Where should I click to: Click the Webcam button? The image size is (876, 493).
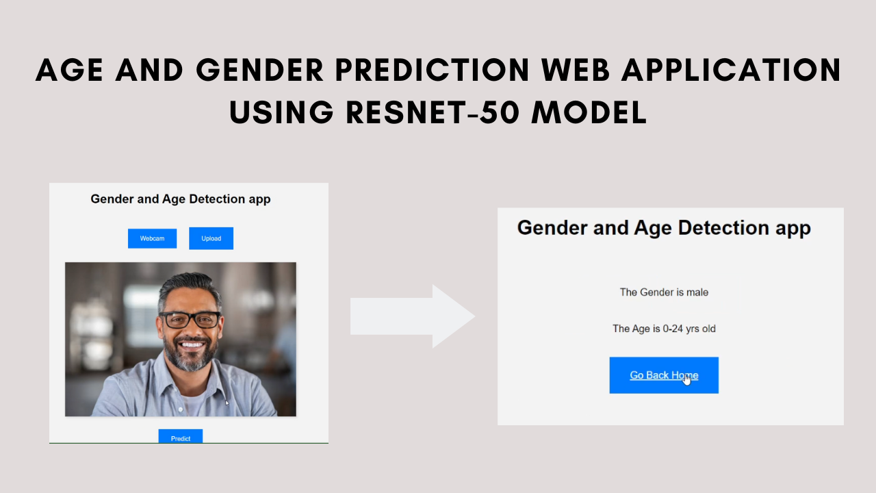click(x=152, y=238)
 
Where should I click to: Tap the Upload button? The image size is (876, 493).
click(x=211, y=238)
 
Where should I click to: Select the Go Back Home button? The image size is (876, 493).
click(x=663, y=375)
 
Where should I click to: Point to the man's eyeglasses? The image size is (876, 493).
click(x=190, y=320)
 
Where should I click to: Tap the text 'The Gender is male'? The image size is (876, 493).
click(x=664, y=292)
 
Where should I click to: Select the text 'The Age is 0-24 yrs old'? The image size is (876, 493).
click(x=664, y=329)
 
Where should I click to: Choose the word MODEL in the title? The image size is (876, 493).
click(x=589, y=111)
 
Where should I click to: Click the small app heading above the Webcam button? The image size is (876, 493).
click(x=181, y=199)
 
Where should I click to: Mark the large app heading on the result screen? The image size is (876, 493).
click(x=664, y=227)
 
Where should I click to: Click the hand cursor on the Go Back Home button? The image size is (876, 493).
click(x=686, y=379)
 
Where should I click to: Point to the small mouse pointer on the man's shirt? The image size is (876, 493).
click(x=227, y=403)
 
